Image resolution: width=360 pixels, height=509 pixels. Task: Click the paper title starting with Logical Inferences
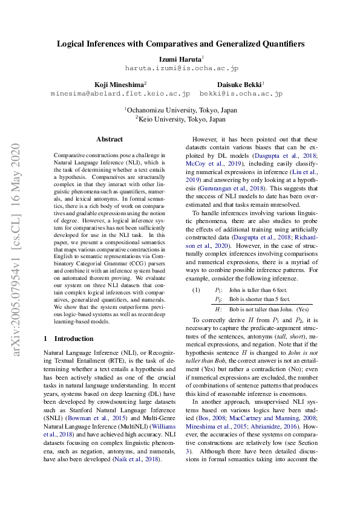click(x=180, y=44)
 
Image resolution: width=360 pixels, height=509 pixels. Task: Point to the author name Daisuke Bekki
click(x=240, y=85)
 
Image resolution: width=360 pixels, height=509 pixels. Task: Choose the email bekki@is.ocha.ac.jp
click(x=241, y=94)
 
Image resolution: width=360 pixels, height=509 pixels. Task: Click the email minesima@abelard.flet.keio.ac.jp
click(x=120, y=94)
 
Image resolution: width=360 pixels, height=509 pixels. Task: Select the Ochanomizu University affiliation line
click(x=180, y=110)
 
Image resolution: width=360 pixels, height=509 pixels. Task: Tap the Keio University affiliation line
click(x=180, y=120)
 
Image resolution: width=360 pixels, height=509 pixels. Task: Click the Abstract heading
click(x=109, y=139)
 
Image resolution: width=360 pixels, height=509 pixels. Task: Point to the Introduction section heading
click(x=69, y=339)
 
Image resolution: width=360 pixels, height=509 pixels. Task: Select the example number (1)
click(x=196, y=290)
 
